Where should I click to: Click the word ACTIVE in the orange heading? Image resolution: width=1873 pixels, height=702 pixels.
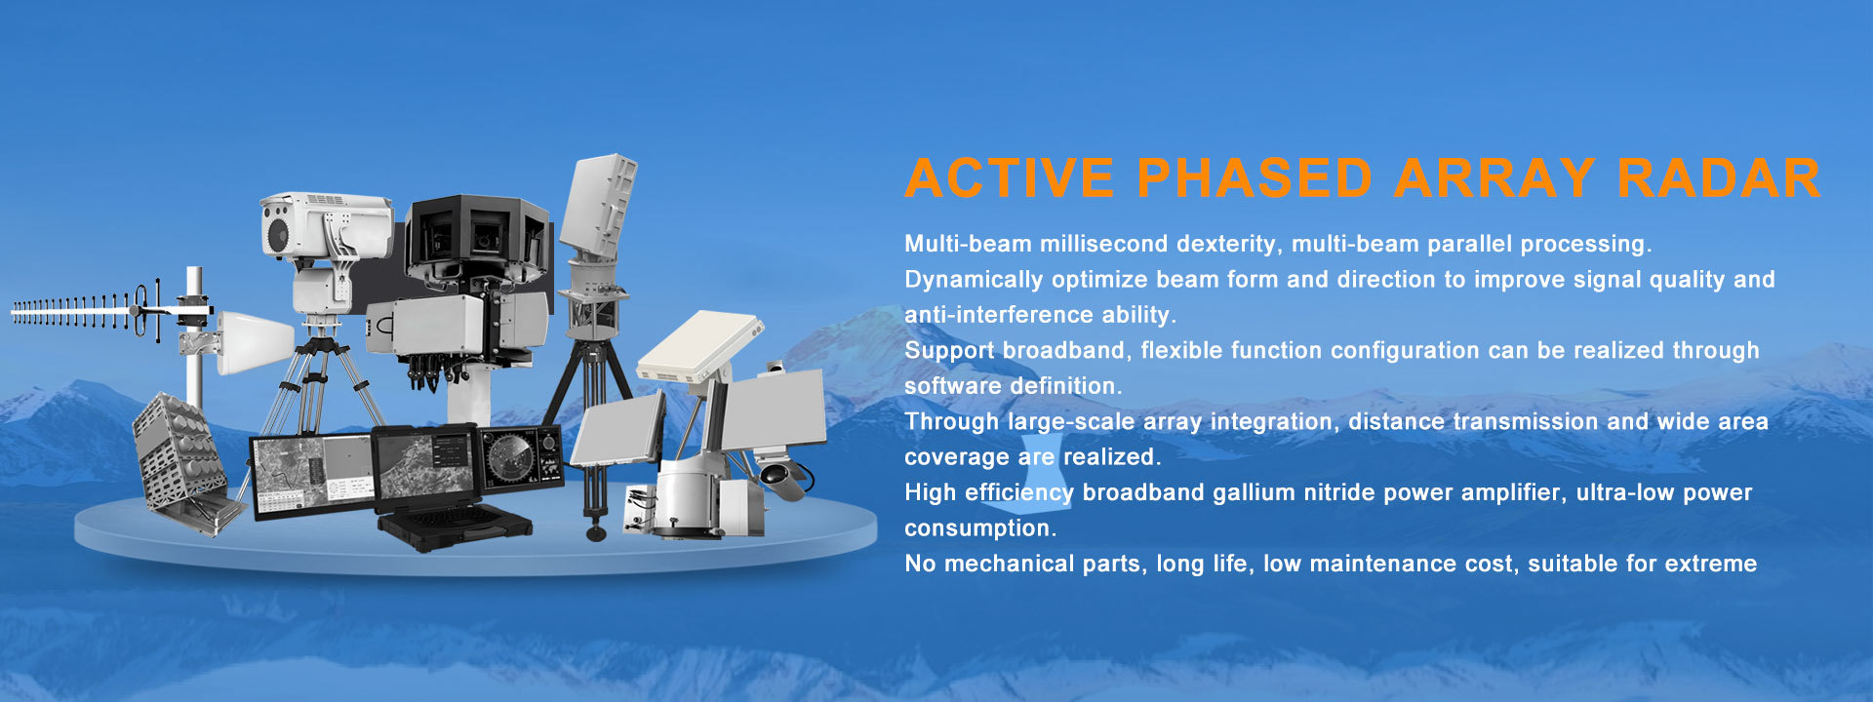click(1010, 177)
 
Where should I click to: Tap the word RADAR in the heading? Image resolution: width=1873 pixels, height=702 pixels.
click(1719, 177)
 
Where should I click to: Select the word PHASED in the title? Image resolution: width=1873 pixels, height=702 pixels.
click(1255, 177)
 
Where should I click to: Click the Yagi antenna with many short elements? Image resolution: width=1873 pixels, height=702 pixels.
click(88, 311)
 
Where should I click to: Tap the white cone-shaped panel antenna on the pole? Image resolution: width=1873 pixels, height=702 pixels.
click(254, 342)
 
